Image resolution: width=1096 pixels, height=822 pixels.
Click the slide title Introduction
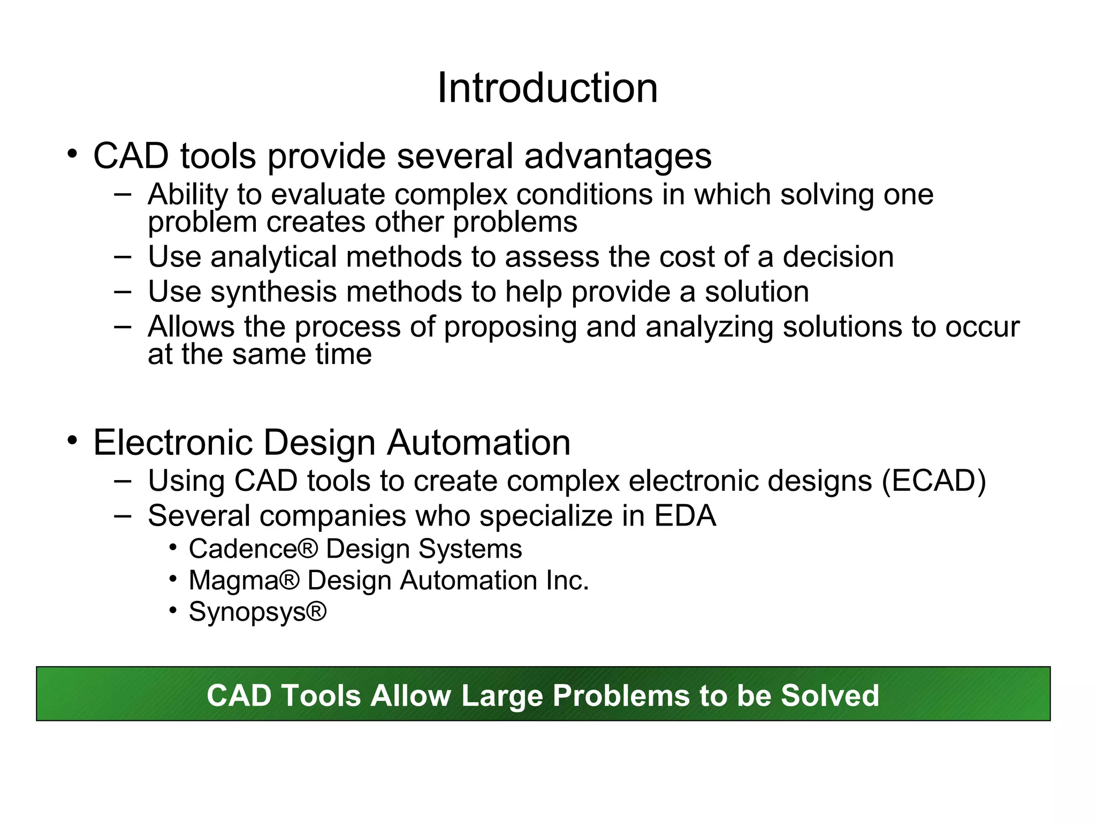click(547, 88)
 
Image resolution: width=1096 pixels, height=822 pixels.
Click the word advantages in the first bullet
click(618, 156)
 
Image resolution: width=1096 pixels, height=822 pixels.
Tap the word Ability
click(188, 195)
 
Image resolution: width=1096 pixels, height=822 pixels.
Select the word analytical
click(273, 257)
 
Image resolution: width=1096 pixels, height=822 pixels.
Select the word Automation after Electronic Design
click(479, 443)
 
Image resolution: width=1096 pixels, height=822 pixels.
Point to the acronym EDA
click(685, 515)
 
